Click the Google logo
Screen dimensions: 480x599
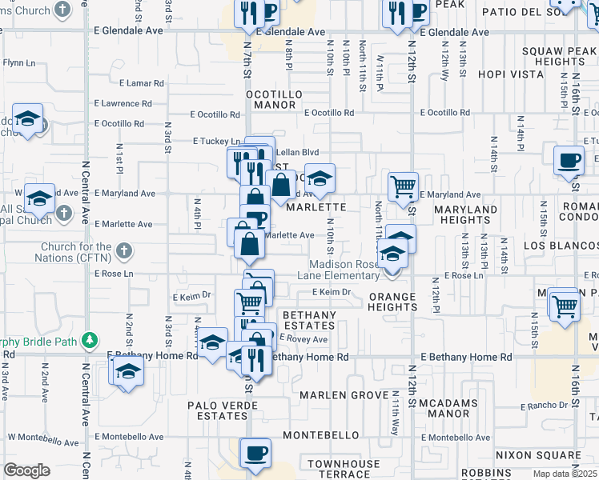27,470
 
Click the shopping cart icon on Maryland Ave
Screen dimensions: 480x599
403,186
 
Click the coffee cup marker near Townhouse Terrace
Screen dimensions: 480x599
256,453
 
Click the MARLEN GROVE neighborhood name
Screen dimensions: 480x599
345,395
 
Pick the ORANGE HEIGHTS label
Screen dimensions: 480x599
392,302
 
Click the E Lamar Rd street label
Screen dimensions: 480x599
141,82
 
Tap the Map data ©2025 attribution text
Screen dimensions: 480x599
566,474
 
